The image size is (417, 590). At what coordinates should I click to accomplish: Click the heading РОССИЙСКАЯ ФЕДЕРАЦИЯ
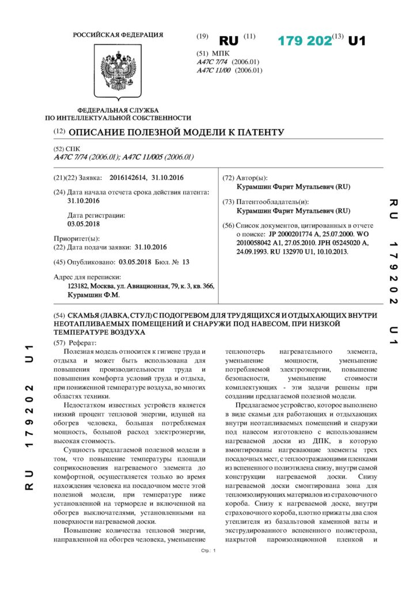click(117, 35)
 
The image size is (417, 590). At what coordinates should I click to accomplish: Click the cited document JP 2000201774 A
click(294, 236)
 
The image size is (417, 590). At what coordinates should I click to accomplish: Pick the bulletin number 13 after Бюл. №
click(185, 262)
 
